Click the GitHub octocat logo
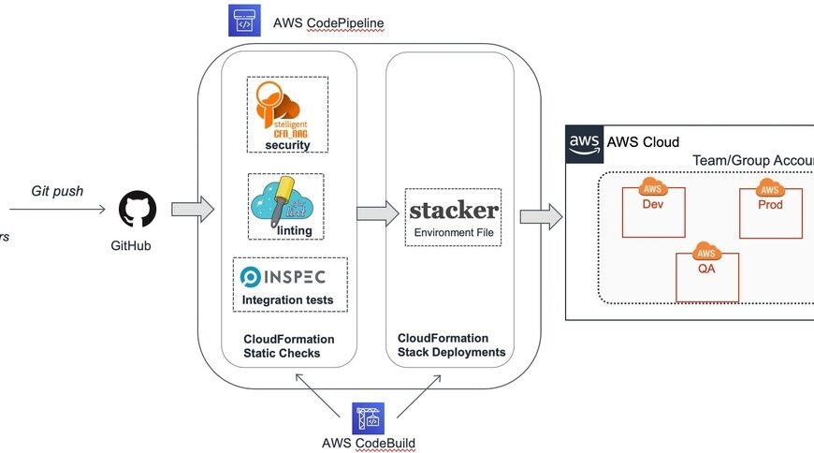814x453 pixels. click(x=138, y=210)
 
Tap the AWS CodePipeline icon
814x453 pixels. click(x=245, y=22)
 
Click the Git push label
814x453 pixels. click(x=57, y=191)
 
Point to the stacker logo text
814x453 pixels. click(x=454, y=209)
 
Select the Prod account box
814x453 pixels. click(x=770, y=211)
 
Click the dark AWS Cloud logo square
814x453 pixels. click(x=585, y=143)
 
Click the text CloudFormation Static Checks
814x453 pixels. click(x=288, y=346)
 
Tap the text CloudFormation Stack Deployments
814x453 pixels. click(x=451, y=345)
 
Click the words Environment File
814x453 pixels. click(x=454, y=230)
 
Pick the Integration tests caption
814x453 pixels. click(x=287, y=300)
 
